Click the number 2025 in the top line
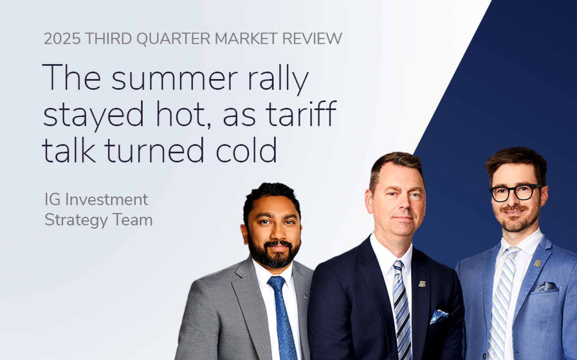click(62, 39)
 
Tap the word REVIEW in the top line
click(312, 39)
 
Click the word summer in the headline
click(174, 78)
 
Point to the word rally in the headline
click(278, 79)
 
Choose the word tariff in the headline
click(301, 114)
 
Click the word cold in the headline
click(246, 150)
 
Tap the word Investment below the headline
click(106, 200)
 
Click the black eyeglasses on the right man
click(515, 192)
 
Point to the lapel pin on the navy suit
click(422, 284)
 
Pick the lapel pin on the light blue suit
click(537, 263)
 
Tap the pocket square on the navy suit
click(439, 316)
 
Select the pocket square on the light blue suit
click(546, 287)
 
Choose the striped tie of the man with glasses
click(502, 304)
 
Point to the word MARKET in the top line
click(246, 39)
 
